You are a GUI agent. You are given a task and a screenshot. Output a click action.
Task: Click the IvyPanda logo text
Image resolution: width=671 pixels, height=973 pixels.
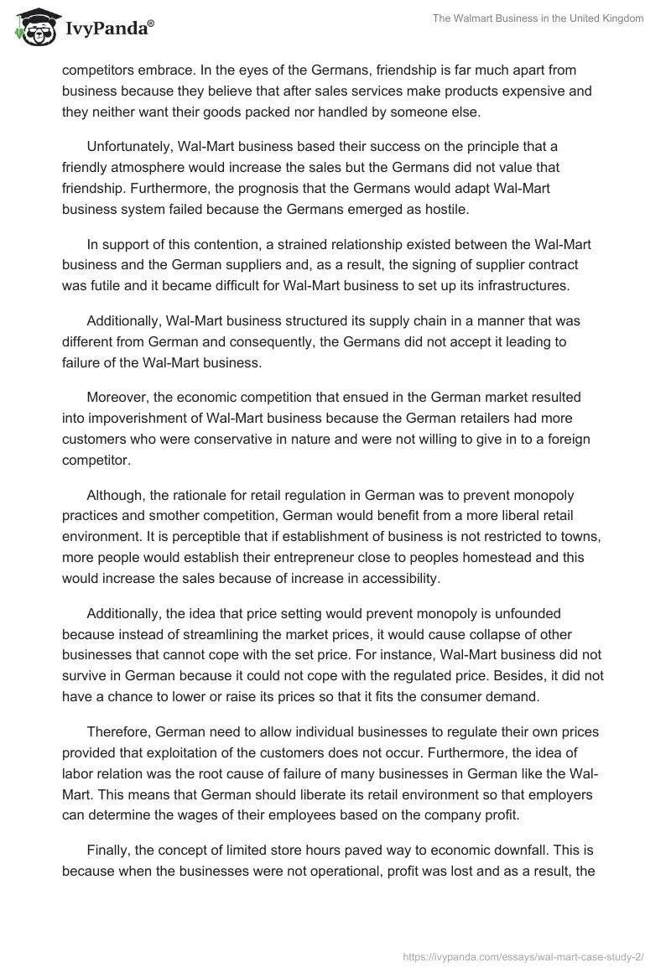pos(109,29)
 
